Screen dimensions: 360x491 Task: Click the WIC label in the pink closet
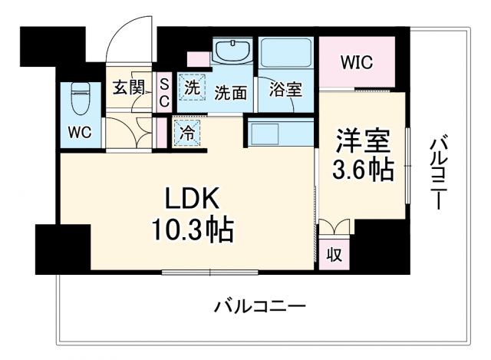tap(357, 62)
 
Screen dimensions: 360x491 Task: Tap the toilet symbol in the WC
tap(80, 98)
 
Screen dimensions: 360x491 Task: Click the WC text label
tap(80, 132)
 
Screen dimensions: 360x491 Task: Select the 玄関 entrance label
tap(130, 87)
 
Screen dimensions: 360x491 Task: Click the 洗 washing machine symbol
tap(191, 88)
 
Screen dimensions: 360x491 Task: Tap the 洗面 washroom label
tap(230, 93)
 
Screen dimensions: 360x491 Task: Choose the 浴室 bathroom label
tap(286, 89)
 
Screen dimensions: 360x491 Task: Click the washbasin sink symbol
tap(232, 52)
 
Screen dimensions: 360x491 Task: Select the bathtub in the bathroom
tap(285, 53)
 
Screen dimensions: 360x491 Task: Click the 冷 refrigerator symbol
tap(187, 130)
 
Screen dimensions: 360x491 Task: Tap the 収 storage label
tap(334, 253)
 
